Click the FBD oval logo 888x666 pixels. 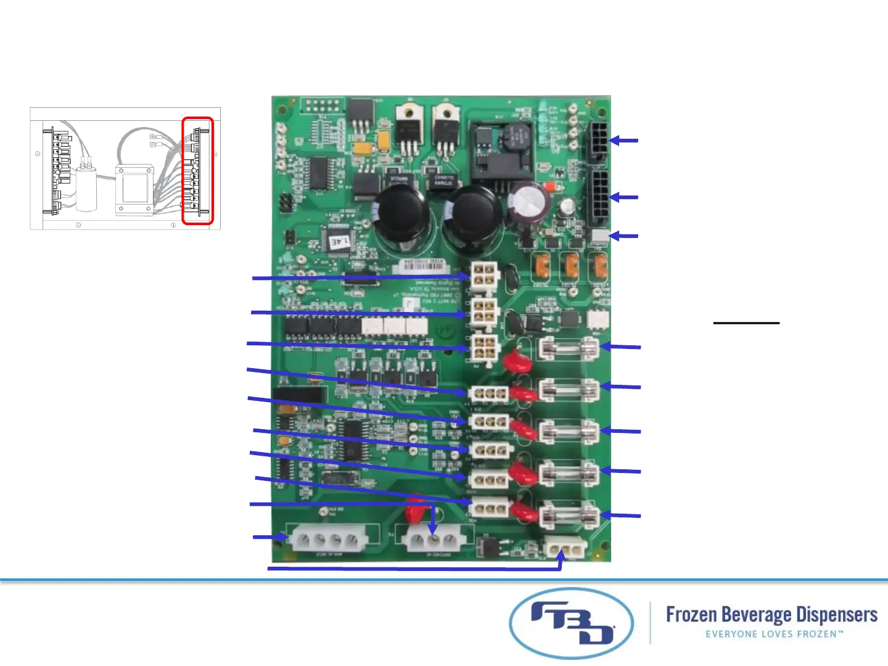pos(571,623)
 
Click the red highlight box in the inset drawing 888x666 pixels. pos(197,171)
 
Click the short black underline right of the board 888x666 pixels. pos(746,323)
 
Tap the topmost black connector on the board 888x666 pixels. pos(597,141)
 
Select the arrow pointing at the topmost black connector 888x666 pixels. pos(624,141)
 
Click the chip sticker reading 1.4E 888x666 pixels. pos(339,241)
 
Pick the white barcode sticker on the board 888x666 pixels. pos(424,265)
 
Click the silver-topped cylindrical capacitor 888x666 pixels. pos(528,201)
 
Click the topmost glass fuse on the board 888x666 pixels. pos(568,348)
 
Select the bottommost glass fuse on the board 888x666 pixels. pos(568,517)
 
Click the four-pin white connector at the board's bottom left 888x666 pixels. pos(327,541)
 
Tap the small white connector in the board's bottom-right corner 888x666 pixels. pos(564,547)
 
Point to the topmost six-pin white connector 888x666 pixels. pos(483,274)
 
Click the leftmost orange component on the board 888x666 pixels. pos(543,265)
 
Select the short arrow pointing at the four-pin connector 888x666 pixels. pos(270,537)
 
